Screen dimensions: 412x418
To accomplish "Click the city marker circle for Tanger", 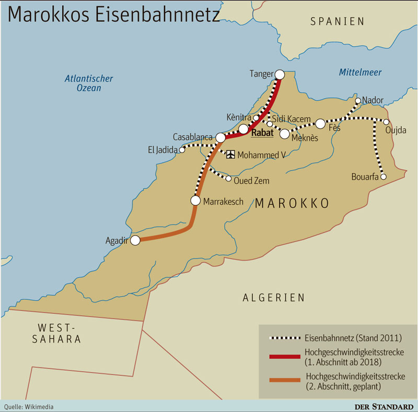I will coord(280,75).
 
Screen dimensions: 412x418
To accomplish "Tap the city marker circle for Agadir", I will coord(135,240).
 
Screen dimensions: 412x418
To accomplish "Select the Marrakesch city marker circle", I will coord(196,201).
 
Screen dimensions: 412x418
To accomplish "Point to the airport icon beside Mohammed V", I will coord(230,155).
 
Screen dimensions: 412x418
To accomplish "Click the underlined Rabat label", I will coord(262,133).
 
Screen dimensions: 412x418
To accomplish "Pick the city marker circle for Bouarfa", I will coord(383,177).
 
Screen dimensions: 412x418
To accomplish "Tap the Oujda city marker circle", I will coord(386,122).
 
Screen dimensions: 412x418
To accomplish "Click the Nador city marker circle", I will coord(358,101).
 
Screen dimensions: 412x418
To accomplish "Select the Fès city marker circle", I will coord(320,124).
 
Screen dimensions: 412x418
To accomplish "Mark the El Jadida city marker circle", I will coord(182,150).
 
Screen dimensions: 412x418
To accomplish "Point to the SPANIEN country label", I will coord(337,21).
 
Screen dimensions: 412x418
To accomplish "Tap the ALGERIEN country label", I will coord(273,298).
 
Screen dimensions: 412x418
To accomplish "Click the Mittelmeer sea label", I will coord(360,73).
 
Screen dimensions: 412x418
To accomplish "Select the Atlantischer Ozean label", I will coord(89,84).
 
